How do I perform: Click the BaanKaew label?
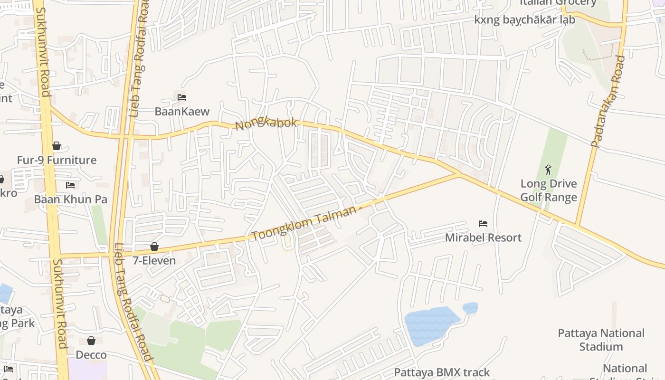(182, 112)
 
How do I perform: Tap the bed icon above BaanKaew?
(181, 97)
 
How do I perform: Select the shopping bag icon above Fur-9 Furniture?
(57, 146)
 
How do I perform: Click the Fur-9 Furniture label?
(57, 160)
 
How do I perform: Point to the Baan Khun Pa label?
(71, 199)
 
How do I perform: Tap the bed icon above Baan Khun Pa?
(70, 185)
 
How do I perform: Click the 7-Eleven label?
(154, 260)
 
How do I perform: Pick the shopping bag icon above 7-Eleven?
(154, 247)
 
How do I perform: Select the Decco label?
(91, 355)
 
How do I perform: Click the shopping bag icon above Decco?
(91, 341)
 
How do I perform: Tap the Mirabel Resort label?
(483, 237)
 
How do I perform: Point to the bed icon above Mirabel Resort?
(483, 223)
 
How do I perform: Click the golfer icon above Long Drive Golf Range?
(549, 170)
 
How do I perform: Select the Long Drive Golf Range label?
(549, 190)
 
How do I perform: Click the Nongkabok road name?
(266, 124)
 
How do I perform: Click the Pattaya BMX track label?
(442, 372)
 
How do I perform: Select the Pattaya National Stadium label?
(601, 340)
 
